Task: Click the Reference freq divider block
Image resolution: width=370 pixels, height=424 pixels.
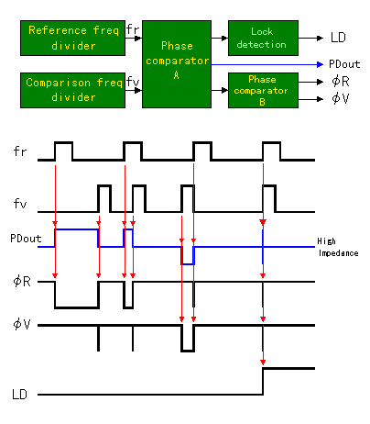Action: [72, 38]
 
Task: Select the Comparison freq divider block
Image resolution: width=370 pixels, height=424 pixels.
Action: [72, 90]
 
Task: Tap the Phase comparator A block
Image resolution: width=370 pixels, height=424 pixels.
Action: [177, 64]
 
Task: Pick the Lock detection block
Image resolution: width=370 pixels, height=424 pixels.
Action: [263, 38]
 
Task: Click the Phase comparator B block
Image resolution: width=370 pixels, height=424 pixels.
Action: [263, 90]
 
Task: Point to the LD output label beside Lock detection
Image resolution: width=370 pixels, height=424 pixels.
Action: [338, 38]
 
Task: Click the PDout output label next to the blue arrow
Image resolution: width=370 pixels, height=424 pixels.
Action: [344, 64]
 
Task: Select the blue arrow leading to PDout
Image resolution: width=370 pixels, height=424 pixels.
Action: [267, 64]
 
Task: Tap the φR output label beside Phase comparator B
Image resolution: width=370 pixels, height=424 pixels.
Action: [341, 82]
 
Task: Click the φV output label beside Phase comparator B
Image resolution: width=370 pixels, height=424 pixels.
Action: [341, 98]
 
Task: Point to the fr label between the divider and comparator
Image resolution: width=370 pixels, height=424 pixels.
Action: [133, 29]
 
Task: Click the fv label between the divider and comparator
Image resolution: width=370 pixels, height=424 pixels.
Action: [133, 82]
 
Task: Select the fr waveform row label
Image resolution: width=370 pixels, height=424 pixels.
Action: [20, 151]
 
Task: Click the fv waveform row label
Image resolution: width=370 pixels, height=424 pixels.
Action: [20, 204]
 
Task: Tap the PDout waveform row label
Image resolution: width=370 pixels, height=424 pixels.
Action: [26, 239]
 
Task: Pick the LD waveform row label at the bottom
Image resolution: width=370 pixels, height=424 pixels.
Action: [19, 395]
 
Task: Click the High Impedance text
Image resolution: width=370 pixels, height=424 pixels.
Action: [338, 247]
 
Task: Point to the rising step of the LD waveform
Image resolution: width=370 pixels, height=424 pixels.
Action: [263, 382]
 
